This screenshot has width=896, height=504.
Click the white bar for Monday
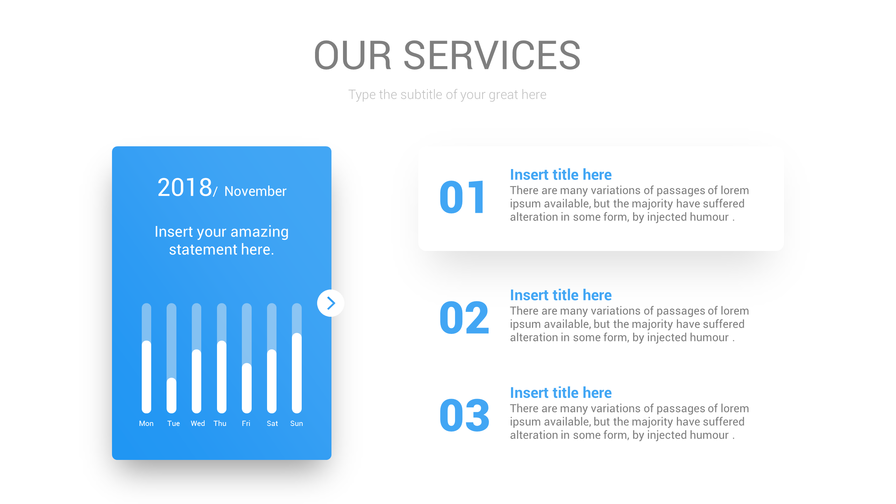point(146,377)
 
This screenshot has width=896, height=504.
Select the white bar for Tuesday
point(171,395)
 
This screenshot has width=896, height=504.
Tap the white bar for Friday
point(247,388)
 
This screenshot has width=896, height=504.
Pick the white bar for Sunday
point(297,373)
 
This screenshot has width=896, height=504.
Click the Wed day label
point(198,423)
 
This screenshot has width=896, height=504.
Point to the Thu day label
point(220,423)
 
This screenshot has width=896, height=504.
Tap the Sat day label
point(272,423)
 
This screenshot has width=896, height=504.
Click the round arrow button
point(330,303)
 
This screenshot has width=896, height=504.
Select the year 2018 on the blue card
point(184,188)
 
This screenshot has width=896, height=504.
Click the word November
point(255,191)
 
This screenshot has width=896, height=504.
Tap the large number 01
point(462,197)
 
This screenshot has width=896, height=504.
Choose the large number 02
point(464,318)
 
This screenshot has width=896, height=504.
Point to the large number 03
point(464,416)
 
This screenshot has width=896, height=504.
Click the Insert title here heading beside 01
point(561,175)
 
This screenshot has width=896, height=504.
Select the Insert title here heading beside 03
point(561,393)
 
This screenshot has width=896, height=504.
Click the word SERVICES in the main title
point(492,55)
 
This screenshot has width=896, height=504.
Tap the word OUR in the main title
point(352,55)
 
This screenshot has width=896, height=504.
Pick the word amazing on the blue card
point(259,232)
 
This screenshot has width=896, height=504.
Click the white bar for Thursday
point(222,377)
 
